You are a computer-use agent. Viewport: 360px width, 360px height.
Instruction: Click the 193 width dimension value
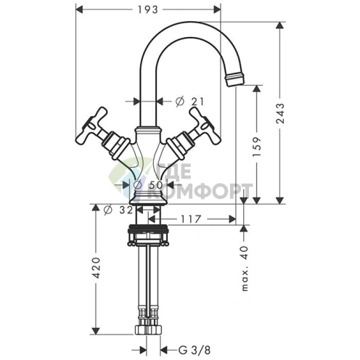pos(147,9)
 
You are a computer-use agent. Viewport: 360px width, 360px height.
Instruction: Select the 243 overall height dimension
pos(281,113)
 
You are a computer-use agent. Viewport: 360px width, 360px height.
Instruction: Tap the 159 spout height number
pos(257,147)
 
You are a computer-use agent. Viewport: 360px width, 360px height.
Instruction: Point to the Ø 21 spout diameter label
pos(189,102)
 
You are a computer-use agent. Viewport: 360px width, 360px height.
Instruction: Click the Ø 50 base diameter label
pos(148,185)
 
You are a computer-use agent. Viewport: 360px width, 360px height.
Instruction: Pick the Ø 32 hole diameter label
pos(118,210)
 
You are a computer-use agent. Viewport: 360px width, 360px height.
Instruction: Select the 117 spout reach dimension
pos(191,219)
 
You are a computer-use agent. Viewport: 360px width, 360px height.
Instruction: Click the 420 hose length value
pos(97,268)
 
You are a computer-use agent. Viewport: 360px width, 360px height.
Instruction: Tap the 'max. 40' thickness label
pos(245,269)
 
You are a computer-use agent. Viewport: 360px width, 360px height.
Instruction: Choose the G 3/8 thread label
pos(195,350)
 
